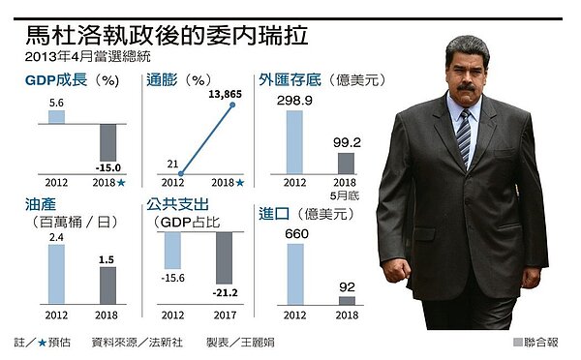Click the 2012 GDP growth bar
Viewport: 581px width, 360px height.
56,116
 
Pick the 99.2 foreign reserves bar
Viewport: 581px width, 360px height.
346,164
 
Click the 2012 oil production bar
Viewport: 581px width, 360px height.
56,276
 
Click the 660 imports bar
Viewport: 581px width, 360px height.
293,275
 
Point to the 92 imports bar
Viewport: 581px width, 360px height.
346,301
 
